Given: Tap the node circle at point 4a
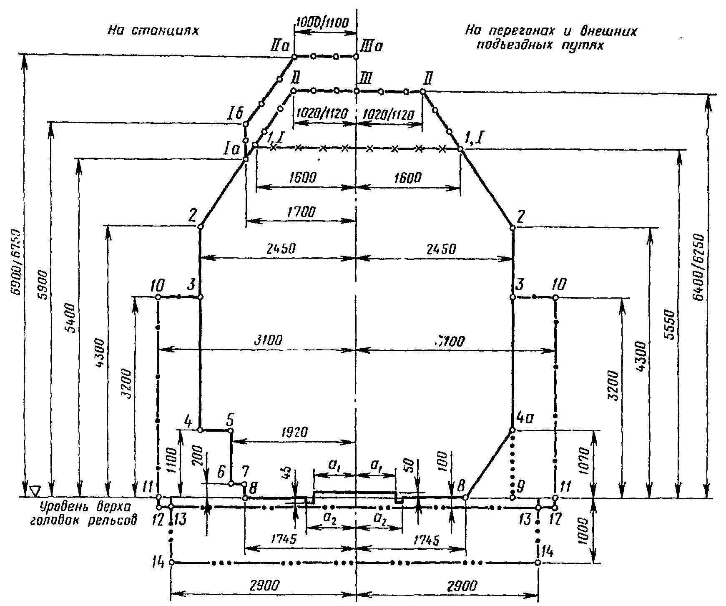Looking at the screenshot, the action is pyautogui.click(x=512, y=430).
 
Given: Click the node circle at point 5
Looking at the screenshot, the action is pyautogui.click(x=230, y=430).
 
